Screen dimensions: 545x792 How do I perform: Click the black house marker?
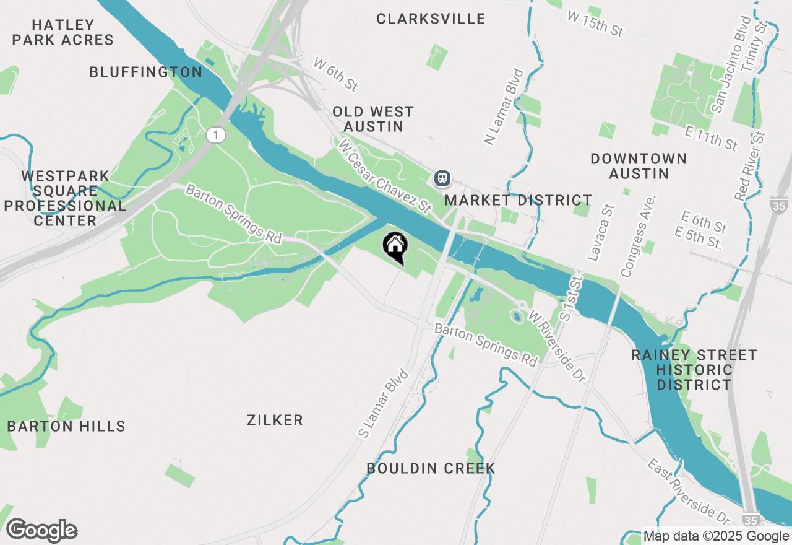tap(395, 246)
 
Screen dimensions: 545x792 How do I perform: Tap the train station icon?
tap(442, 178)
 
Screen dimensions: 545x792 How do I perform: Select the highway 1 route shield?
tap(215, 134)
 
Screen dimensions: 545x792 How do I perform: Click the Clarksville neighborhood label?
tap(431, 19)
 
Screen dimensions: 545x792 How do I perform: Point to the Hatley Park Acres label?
tap(63, 33)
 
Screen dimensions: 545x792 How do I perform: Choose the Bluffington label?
tap(146, 72)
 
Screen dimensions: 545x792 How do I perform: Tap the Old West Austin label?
tap(373, 119)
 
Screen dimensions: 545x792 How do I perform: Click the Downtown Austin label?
tap(639, 166)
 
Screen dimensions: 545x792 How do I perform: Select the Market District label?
tap(518, 200)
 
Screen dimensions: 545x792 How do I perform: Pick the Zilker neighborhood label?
tap(275, 421)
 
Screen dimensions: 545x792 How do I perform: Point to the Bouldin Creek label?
tap(431, 468)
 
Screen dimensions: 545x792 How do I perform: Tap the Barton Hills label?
tap(66, 426)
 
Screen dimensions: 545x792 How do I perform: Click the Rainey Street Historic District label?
tap(694, 370)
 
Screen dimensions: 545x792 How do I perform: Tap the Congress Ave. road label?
tap(637, 236)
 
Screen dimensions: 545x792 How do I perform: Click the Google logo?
tap(41, 531)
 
